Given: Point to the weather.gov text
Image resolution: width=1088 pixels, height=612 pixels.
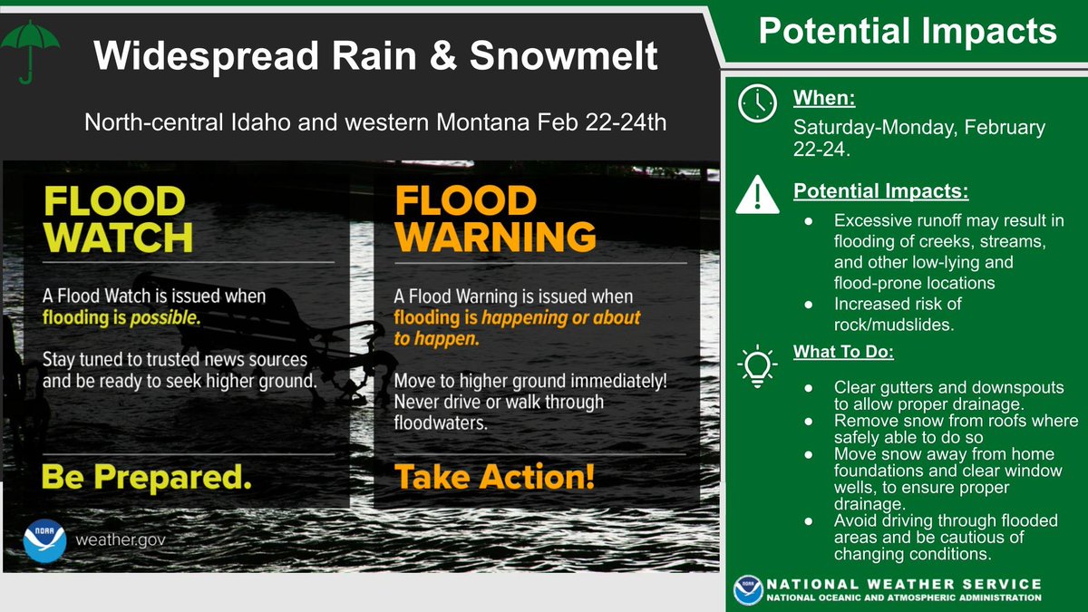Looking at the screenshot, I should click(121, 540).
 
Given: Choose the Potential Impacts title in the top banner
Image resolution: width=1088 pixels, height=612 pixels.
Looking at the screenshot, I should click(907, 32).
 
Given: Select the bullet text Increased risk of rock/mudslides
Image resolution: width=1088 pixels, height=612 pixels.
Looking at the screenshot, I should click(898, 312).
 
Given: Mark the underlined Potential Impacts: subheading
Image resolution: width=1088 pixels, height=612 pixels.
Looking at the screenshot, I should click(881, 193).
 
